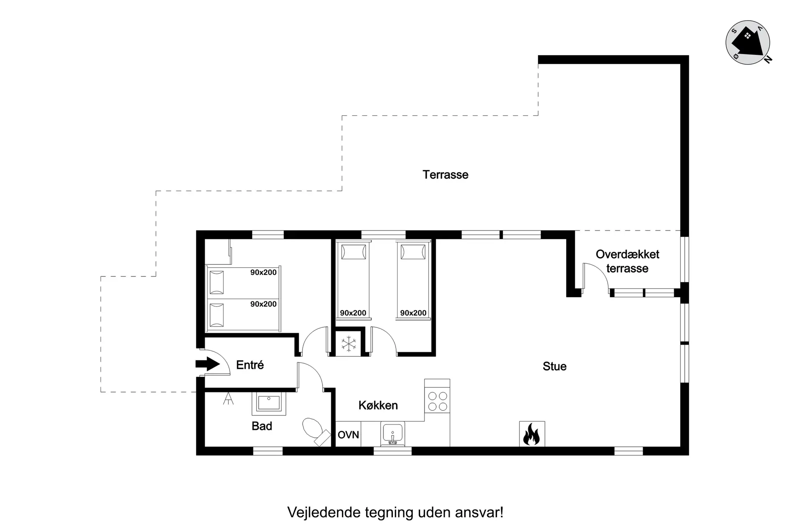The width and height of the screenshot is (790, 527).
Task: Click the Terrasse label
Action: (x=445, y=175)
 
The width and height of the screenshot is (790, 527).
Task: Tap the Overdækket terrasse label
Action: (x=627, y=261)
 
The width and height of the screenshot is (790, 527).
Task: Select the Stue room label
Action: (x=555, y=366)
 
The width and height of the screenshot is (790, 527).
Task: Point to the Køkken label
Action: (x=378, y=405)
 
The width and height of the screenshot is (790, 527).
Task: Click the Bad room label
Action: (x=262, y=426)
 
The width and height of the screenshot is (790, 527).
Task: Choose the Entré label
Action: (x=250, y=365)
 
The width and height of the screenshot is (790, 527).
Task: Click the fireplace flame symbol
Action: (x=532, y=434)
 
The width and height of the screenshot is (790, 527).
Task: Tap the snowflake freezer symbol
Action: (x=349, y=344)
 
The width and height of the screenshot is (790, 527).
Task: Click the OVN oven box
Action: (x=349, y=434)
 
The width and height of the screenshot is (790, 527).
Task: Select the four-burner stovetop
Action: (x=437, y=401)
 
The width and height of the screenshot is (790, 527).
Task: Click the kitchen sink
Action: (x=393, y=434)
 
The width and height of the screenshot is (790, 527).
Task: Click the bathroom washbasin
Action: (x=269, y=403)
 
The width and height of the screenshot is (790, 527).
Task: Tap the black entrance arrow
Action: (x=208, y=364)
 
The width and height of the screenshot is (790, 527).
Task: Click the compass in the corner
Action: (x=748, y=42)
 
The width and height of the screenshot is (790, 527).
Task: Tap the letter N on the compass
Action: (x=768, y=60)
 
